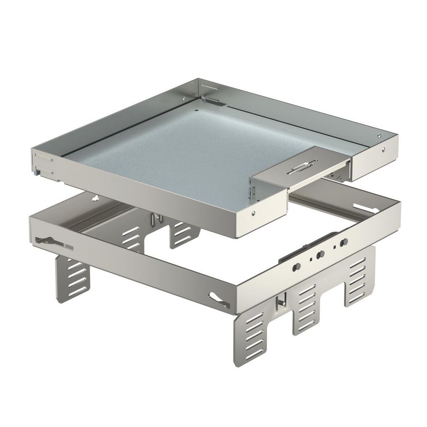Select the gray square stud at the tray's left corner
point(37,174)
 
